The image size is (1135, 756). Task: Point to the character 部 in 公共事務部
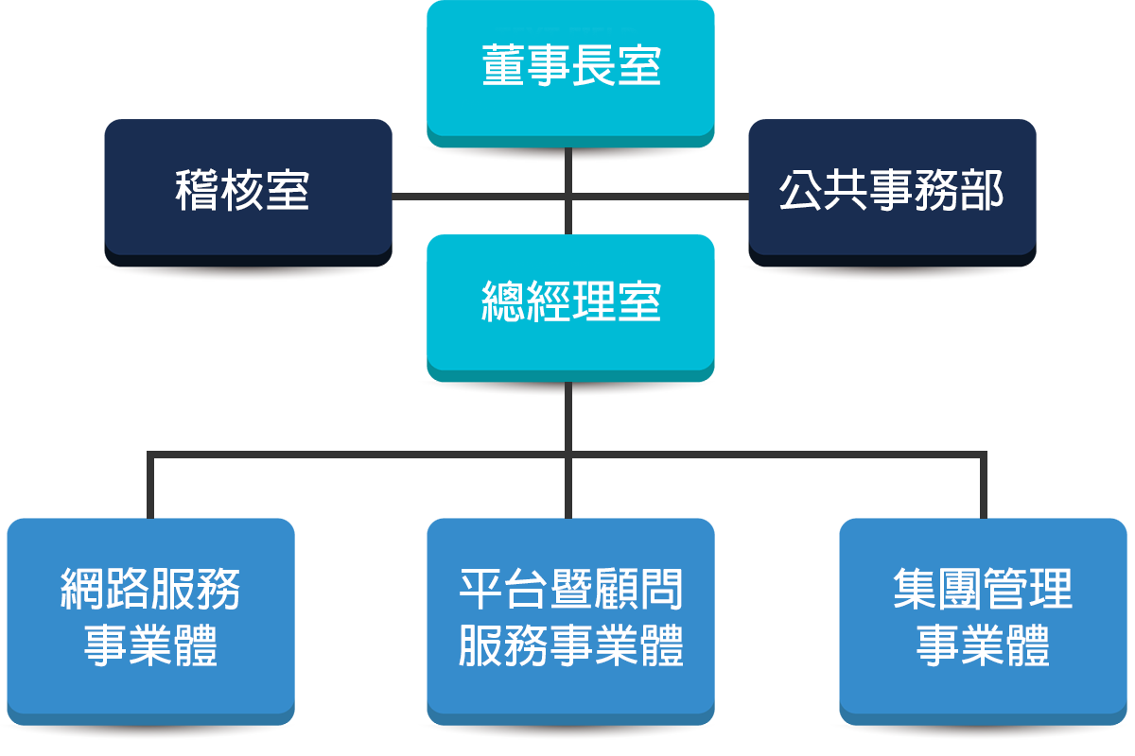(x=981, y=190)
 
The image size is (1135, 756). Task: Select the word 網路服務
(x=151, y=590)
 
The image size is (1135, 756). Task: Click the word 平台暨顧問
(x=570, y=590)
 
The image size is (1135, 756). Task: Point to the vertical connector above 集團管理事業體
(x=984, y=487)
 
